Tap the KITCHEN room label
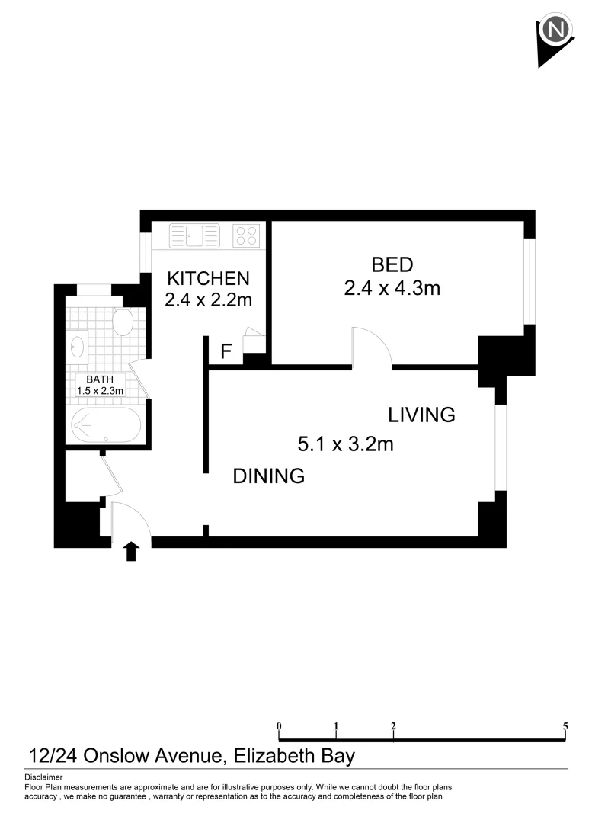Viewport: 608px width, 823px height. coord(208,277)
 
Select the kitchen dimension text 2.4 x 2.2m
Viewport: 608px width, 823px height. coord(208,300)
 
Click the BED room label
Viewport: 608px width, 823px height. coord(392,265)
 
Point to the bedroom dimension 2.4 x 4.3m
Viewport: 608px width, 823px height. coord(392,288)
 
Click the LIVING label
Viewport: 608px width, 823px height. coord(421,415)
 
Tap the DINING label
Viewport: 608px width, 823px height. coord(268,476)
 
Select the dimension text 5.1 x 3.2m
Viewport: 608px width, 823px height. coord(345,444)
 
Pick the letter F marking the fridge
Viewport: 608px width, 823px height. coord(226,352)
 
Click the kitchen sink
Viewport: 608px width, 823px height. coord(194,235)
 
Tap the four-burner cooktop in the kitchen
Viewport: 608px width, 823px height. coord(246,235)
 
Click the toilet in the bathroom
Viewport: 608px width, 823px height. coord(122,323)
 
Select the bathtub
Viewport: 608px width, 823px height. coord(106,424)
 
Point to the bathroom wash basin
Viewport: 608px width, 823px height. coord(77,345)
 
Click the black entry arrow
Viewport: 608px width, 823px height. coord(132,551)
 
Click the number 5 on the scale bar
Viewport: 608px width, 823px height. coord(565,726)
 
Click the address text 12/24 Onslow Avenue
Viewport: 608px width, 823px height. coord(126,756)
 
